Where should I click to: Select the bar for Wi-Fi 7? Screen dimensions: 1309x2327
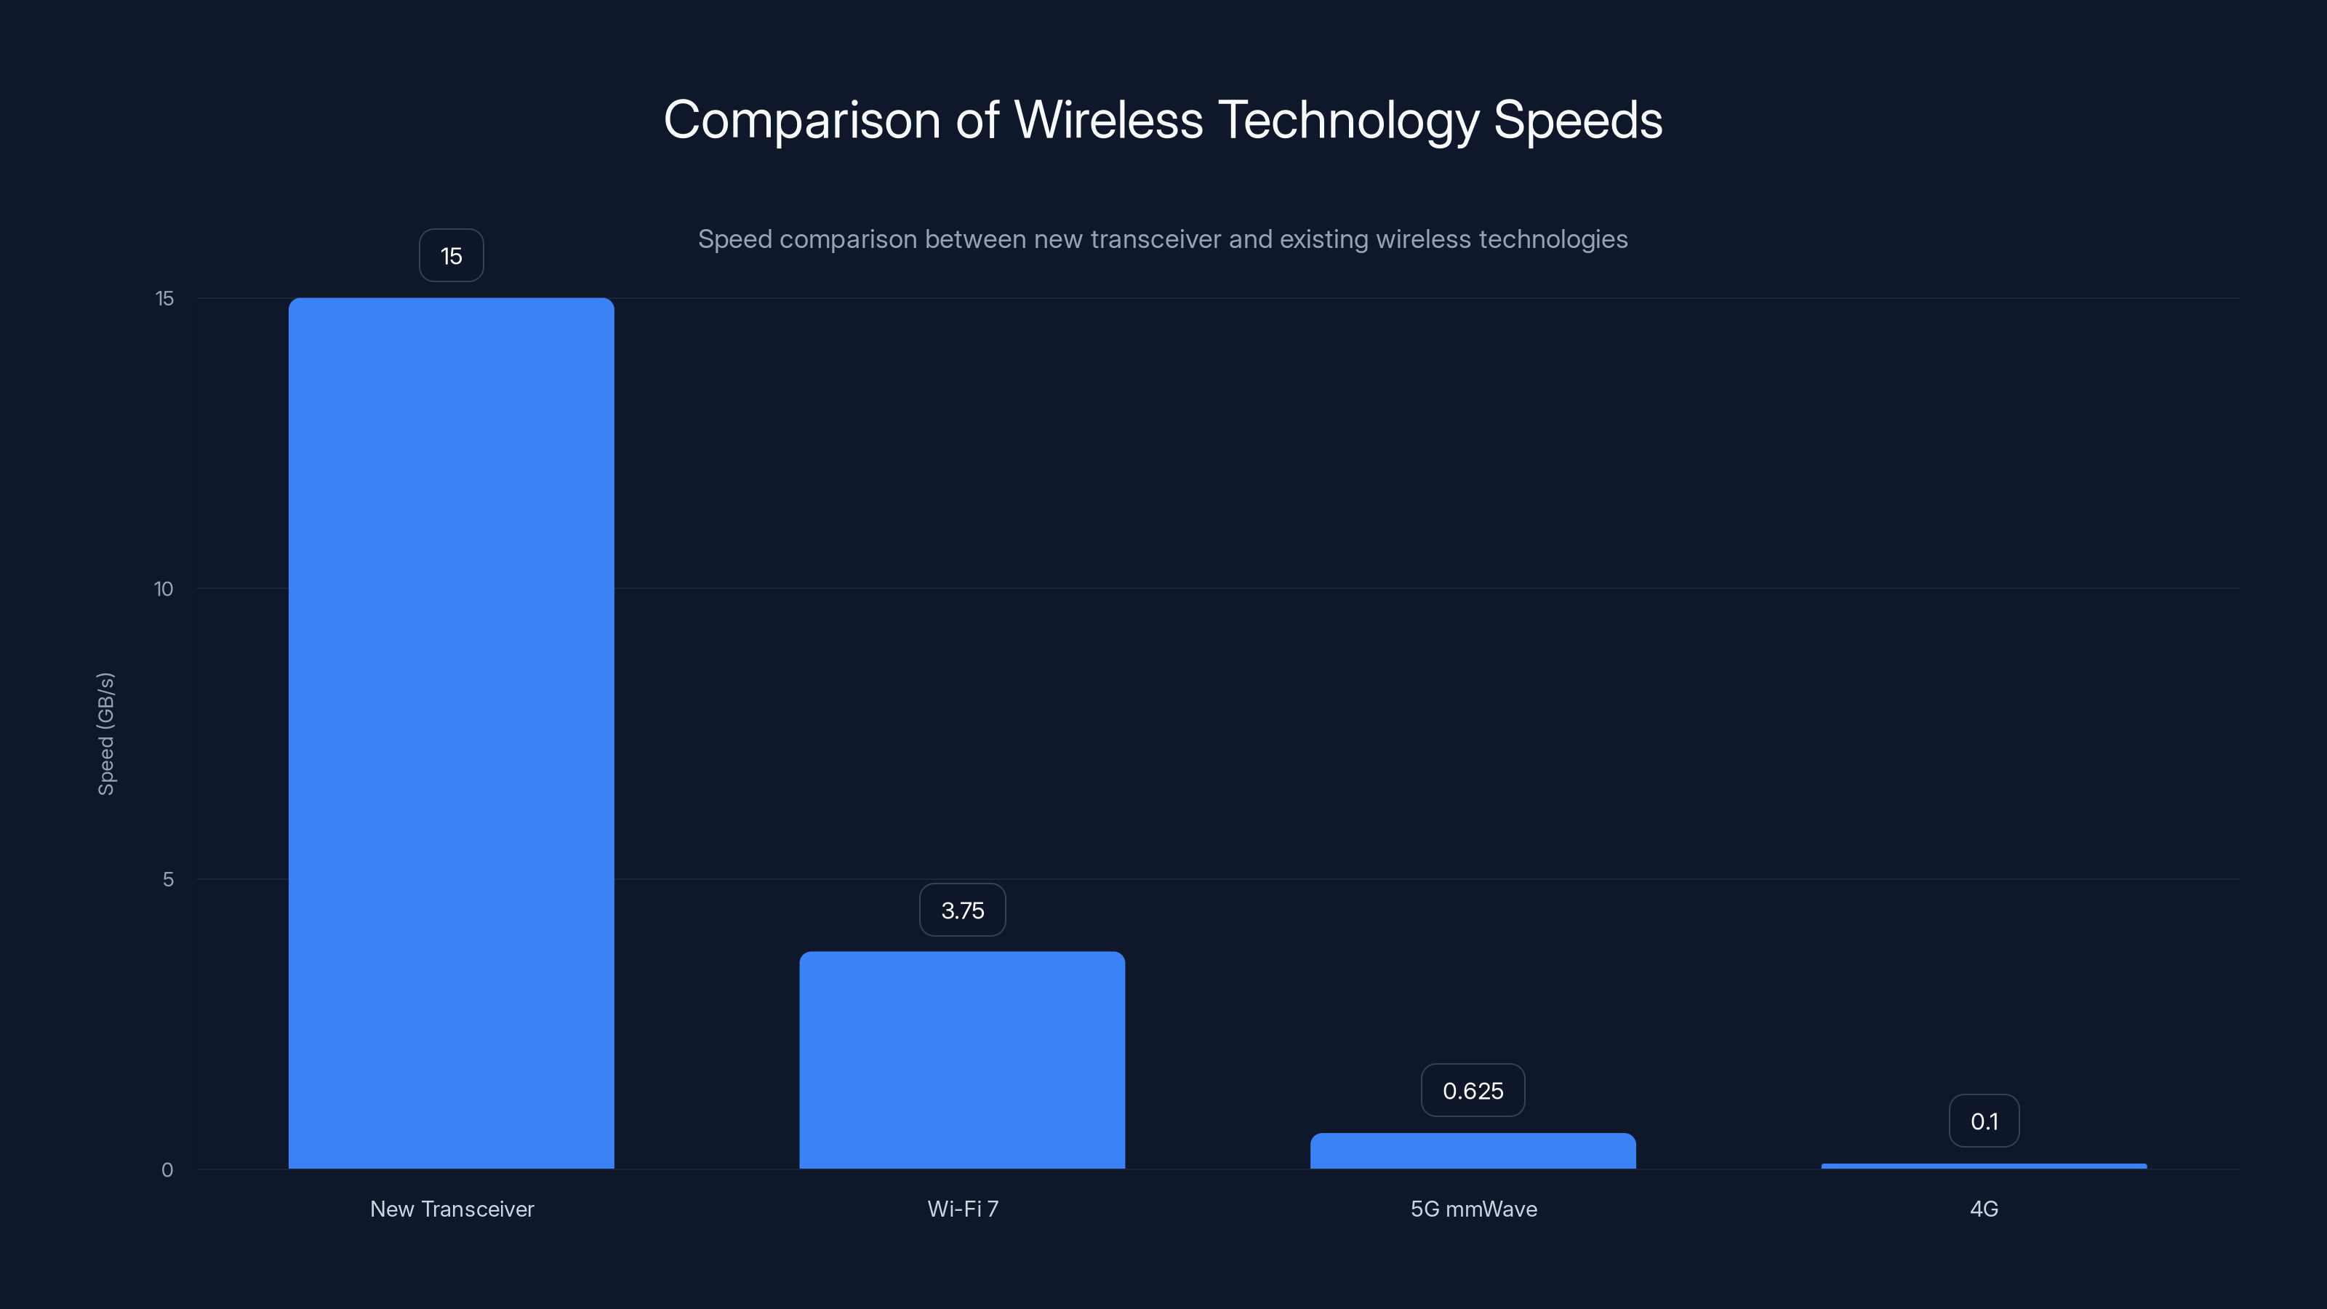pos(962,1060)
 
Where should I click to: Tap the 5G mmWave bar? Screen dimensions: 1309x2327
pos(1473,1151)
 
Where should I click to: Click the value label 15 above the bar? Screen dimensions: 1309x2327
pos(451,256)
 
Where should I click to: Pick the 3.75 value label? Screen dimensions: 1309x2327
pos(962,910)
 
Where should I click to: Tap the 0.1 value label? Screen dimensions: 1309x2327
pos(1984,1121)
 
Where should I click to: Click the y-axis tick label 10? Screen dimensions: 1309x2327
pos(164,589)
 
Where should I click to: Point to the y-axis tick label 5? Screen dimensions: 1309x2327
pos(168,879)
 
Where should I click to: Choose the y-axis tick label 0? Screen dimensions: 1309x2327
pos(167,1170)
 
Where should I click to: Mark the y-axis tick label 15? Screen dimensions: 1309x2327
pos(164,298)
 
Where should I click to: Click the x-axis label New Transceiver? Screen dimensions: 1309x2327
pos(452,1209)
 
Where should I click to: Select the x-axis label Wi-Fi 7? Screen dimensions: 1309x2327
pos(963,1209)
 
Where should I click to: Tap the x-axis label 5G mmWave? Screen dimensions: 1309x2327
pos(1473,1209)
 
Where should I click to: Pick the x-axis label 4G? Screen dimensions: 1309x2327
pos(1984,1209)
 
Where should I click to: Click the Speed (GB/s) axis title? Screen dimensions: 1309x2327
pos(105,734)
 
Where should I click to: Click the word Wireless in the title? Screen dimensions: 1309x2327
pos(1108,120)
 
